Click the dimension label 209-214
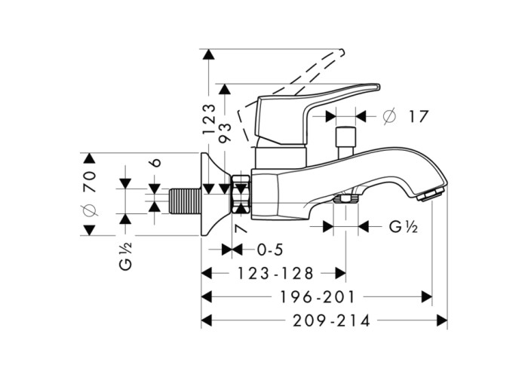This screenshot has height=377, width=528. click(328, 320)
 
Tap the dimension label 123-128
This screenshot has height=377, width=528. click(276, 273)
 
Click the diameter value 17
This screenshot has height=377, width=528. click(419, 117)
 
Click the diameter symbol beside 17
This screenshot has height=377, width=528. click(389, 117)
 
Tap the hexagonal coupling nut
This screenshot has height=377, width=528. click(240, 195)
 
